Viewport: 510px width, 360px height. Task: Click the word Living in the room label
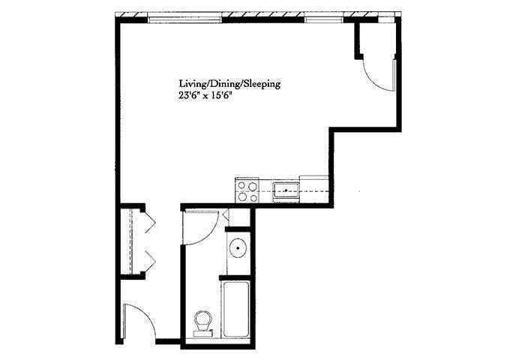(192, 85)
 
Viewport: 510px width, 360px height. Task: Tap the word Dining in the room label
(223, 85)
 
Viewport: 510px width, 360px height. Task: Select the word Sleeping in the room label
(261, 85)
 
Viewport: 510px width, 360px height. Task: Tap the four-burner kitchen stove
(247, 190)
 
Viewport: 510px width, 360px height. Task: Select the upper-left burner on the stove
(241, 185)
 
